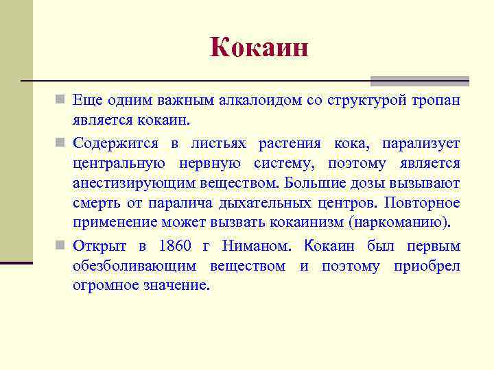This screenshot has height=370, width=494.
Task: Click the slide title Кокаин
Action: pos(259,48)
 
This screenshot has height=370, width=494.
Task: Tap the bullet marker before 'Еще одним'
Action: pos(61,101)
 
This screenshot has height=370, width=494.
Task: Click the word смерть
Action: pos(95,204)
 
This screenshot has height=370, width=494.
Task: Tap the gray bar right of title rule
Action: pos(419,80)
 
